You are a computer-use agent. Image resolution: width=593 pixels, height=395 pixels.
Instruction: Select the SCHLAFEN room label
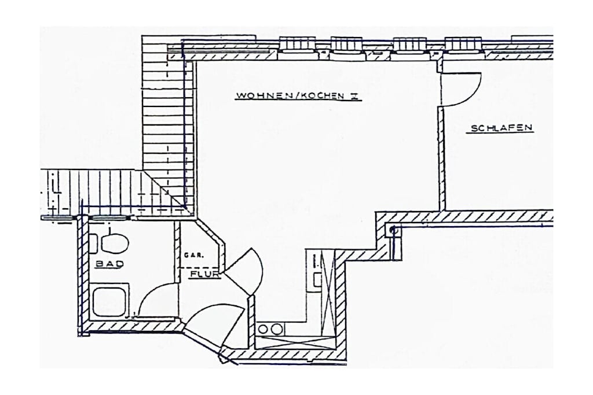(502, 128)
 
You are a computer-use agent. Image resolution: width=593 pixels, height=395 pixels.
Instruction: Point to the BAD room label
(109, 264)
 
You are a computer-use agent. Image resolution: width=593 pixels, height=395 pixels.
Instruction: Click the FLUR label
(205, 274)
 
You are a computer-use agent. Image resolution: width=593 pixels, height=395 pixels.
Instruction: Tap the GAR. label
(194, 255)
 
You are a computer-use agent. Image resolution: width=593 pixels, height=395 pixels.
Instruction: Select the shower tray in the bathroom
(109, 302)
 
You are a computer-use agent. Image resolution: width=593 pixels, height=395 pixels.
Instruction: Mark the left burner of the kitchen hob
(263, 329)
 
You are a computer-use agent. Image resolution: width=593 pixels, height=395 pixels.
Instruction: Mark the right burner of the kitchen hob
(277, 329)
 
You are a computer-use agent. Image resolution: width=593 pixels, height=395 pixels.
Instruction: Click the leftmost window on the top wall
(297, 44)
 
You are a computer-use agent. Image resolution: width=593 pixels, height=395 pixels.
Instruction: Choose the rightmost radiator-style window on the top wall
(464, 44)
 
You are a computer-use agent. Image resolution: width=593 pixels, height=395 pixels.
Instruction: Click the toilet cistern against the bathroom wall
(93, 243)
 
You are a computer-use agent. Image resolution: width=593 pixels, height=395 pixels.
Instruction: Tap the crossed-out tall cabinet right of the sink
(328, 293)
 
